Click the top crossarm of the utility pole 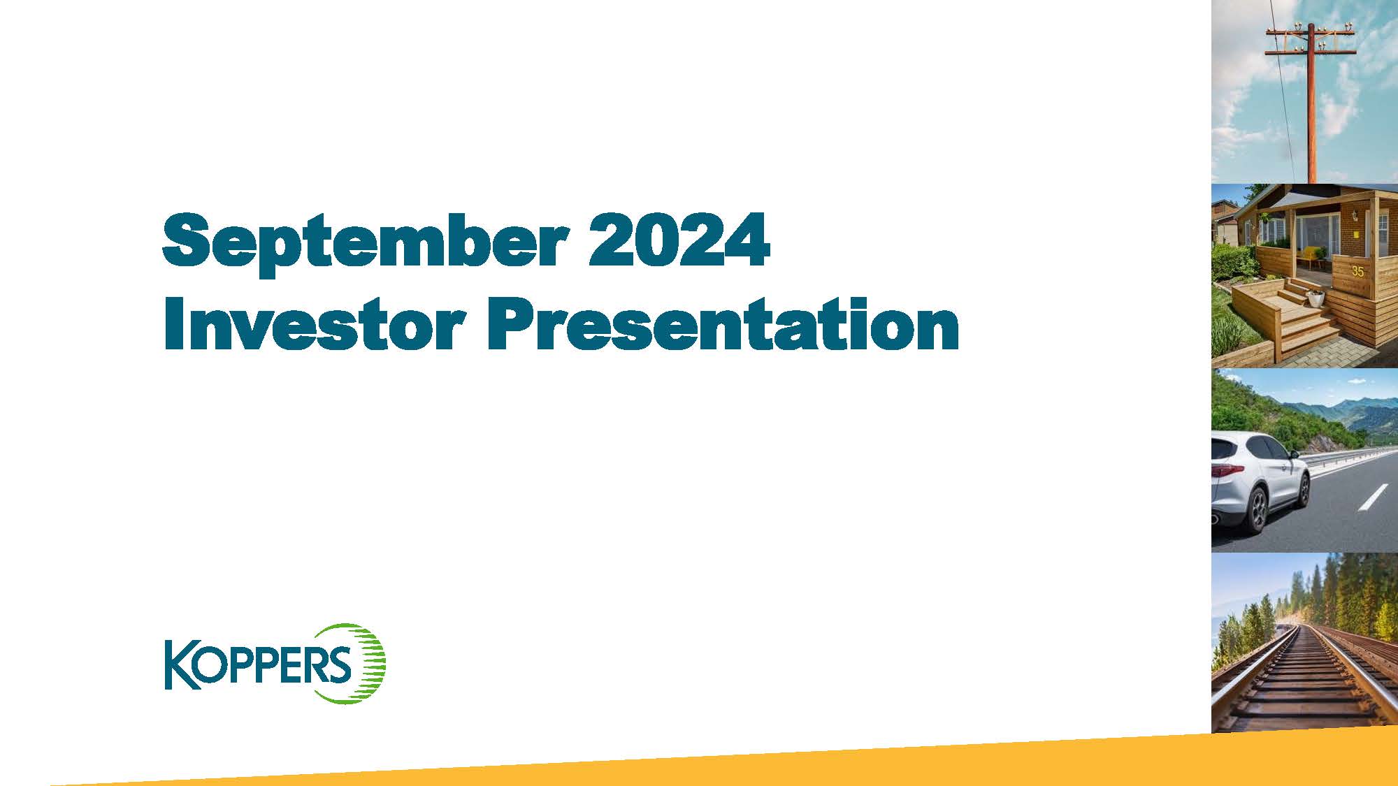pos(1311,32)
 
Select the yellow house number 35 pos(1357,271)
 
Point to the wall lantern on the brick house pos(1354,217)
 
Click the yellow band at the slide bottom pos(699,769)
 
